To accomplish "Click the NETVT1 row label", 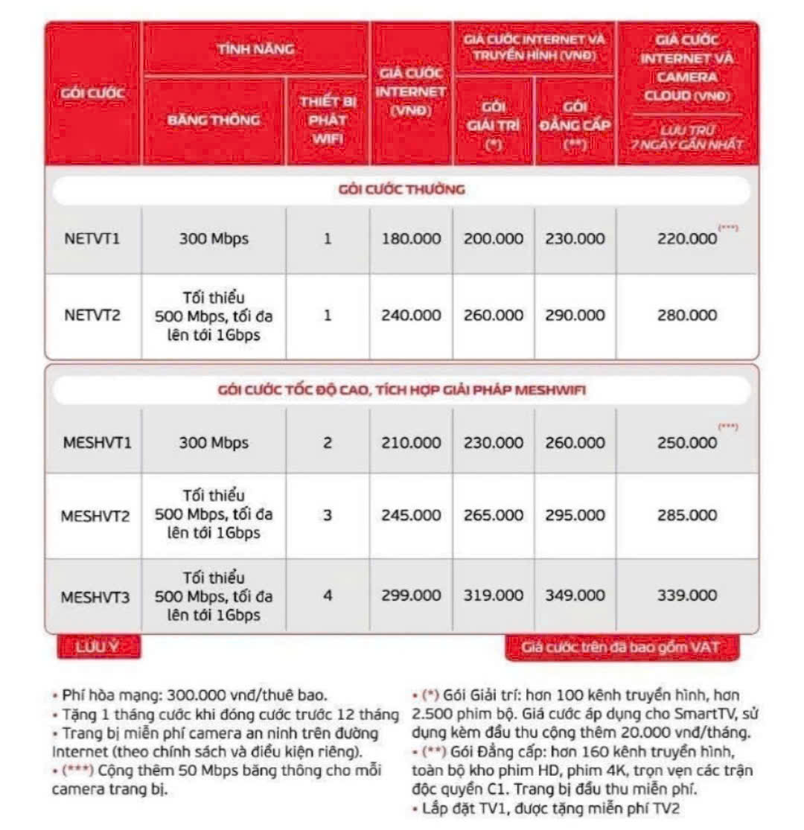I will pyautogui.click(x=91, y=240).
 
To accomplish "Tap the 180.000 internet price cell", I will pyautogui.click(x=411, y=240).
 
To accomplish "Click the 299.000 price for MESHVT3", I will pyautogui.click(x=411, y=596).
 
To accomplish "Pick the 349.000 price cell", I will pyautogui.click(x=575, y=596).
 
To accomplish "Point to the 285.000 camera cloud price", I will pyautogui.click(x=687, y=515).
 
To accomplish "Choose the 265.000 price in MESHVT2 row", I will pyautogui.click(x=494, y=515).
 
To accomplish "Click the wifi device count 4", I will pyautogui.click(x=328, y=596).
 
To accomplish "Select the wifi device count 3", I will pyautogui.click(x=328, y=515).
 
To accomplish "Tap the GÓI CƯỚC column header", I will pyautogui.click(x=93, y=95).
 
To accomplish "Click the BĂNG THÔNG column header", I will pyautogui.click(x=214, y=120).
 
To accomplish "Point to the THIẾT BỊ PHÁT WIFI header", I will pyautogui.click(x=328, y=120).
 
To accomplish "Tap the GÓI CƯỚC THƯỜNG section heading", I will pyautogui.click(x=401, y=190).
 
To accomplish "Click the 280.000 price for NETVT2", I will pyautogui.click(x=687, y=316).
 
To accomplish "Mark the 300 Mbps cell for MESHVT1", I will pyautogui.click(x=214, y=443).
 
